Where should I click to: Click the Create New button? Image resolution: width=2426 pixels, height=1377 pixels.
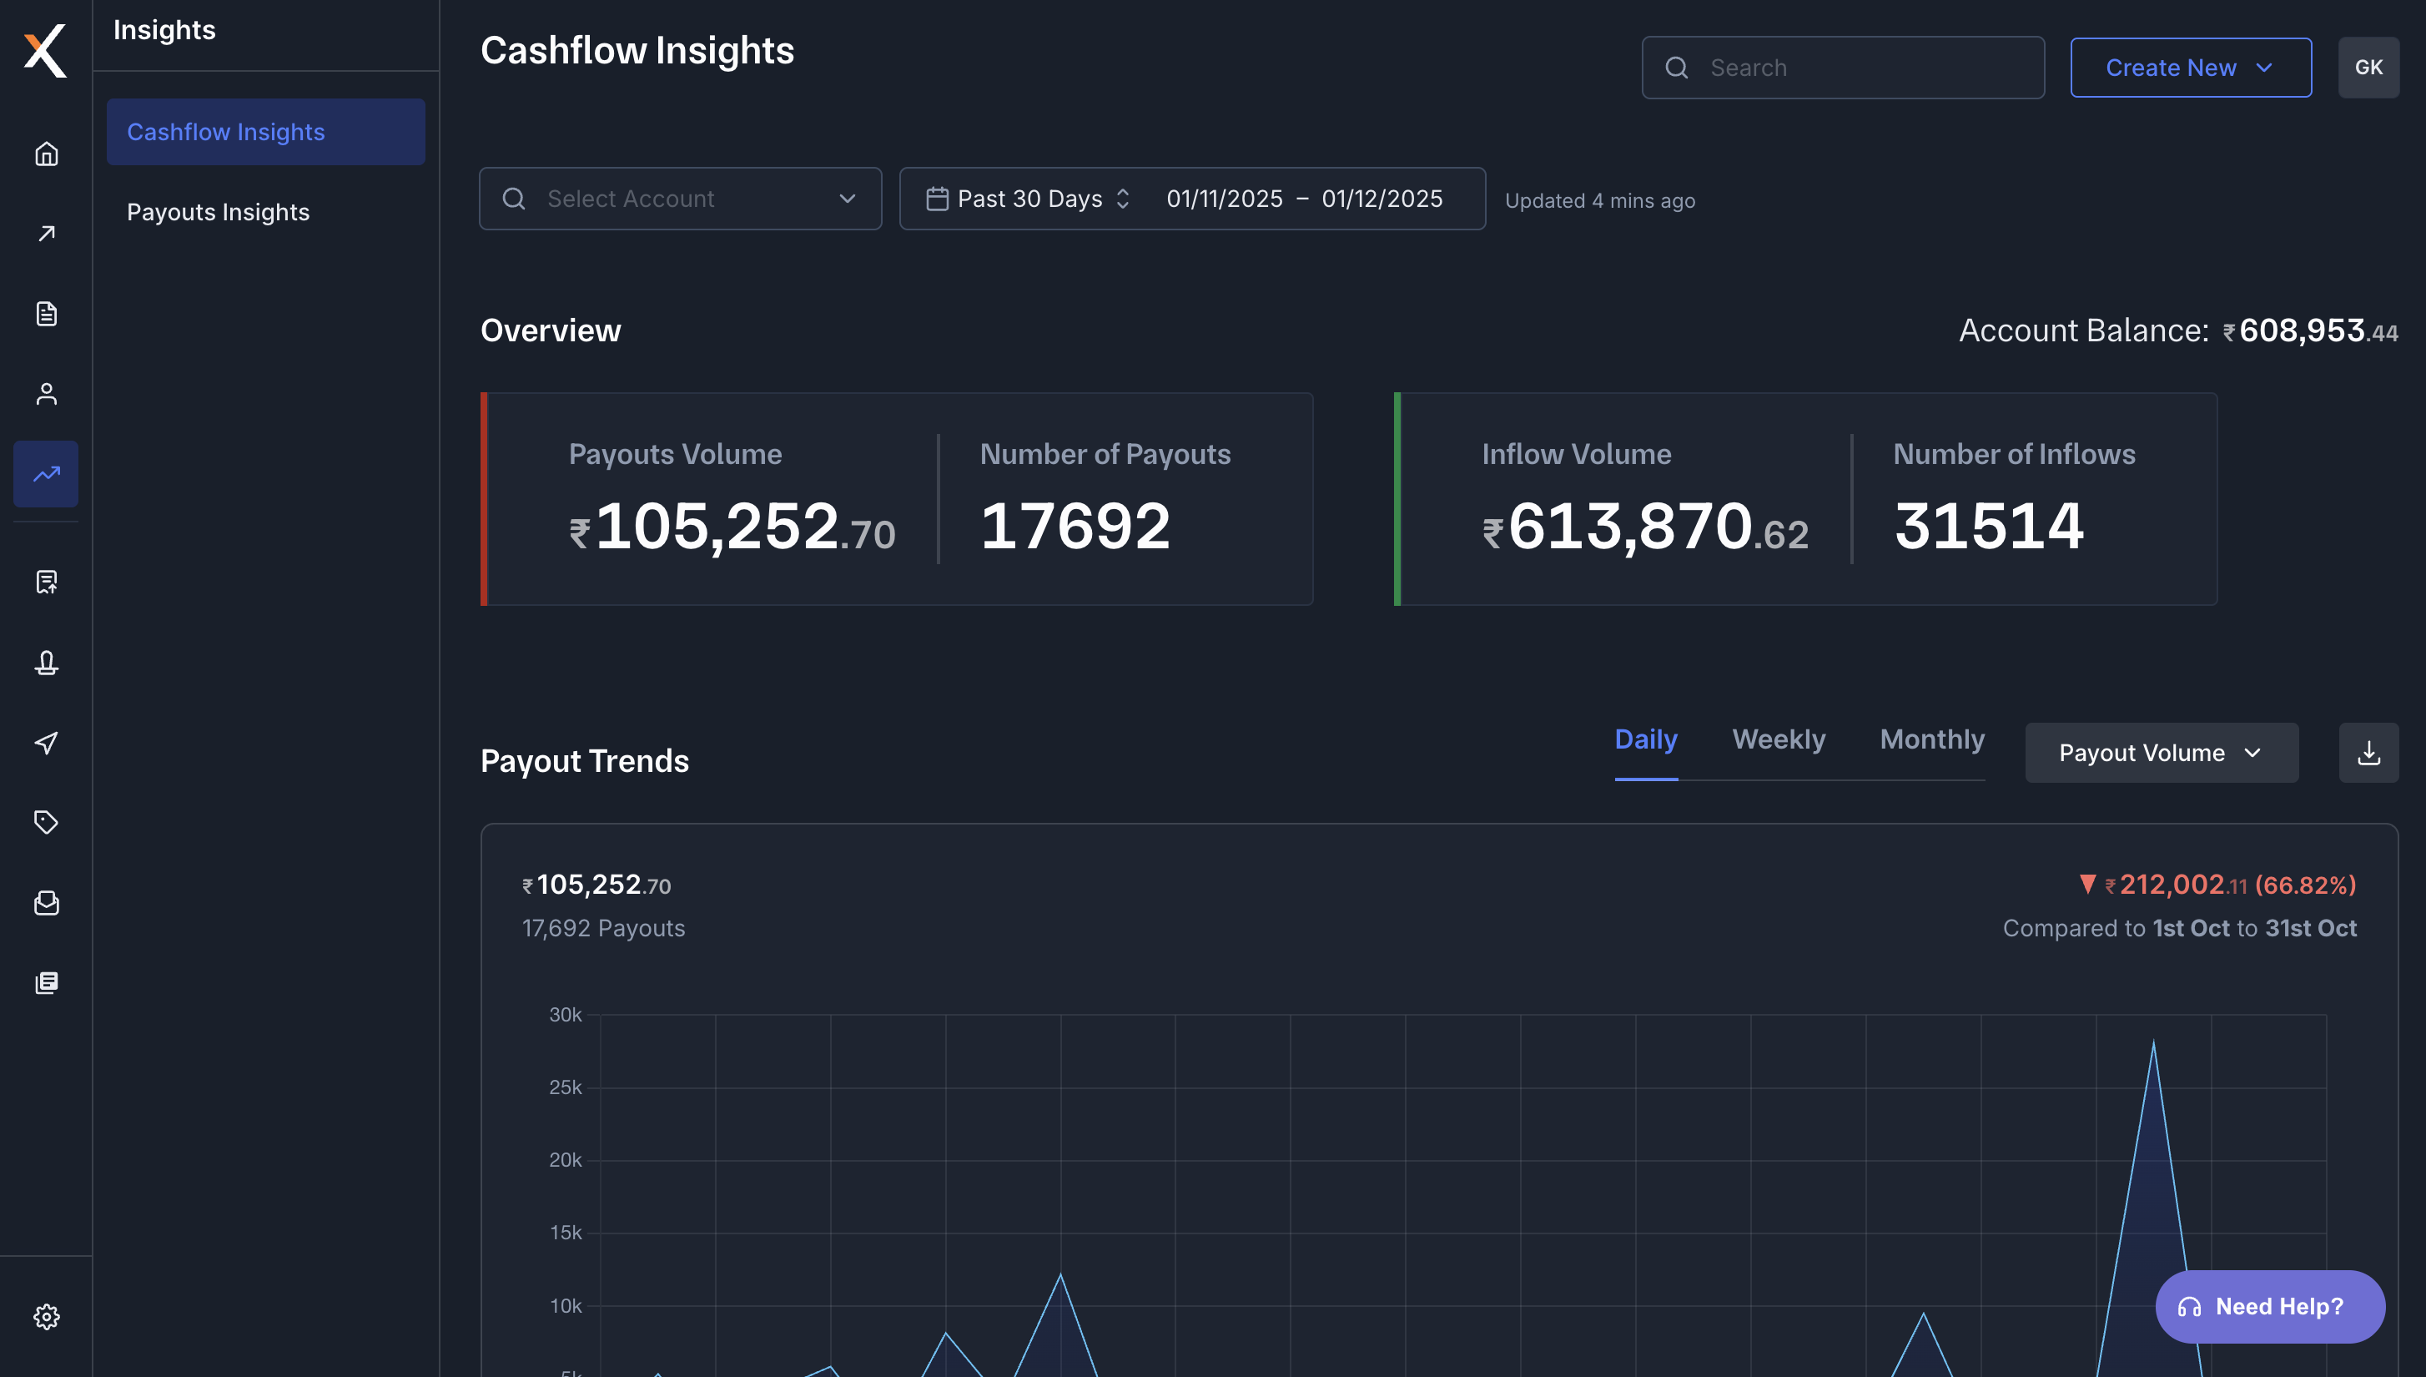click(2190, 67)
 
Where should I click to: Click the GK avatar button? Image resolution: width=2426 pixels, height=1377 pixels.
click(2368, 67)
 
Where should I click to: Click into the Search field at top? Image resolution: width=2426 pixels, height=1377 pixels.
click(1853, 67)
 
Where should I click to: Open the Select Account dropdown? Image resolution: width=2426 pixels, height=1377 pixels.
click(680, 199)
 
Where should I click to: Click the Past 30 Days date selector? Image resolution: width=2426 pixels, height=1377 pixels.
click(1029, 199)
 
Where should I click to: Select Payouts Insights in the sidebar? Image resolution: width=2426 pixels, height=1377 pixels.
click(219, 212)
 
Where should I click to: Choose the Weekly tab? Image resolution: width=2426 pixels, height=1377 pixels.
click(1778, 739)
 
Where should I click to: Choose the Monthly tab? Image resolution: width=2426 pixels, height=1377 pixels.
click(1930, 739)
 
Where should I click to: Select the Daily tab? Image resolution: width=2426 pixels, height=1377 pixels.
click(1645, 739)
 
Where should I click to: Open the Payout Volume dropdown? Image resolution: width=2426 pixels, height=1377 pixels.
click(2161, 753)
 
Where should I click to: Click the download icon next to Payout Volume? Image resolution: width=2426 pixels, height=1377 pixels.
click(2368, 753)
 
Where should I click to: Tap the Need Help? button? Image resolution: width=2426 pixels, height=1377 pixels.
click(2269, 1306)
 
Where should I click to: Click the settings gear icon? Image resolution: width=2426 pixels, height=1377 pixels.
click(47, 1316)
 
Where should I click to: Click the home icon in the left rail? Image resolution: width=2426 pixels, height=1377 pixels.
click(47, 154)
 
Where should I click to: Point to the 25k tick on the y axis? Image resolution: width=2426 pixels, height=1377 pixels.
click(566, 1087)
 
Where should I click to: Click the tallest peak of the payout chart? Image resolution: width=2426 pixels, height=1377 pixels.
click(2152, 1043)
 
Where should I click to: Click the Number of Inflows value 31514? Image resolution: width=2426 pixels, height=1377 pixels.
click(1988, 526)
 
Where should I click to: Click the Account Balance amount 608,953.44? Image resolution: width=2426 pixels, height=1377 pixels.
click(2317, 331)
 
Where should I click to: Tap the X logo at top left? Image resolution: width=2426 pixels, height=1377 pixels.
click(45, 50)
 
